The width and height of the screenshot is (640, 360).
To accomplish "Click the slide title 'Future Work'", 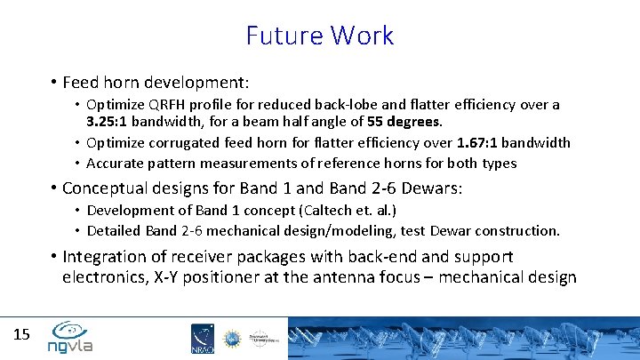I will [x=320, y=36].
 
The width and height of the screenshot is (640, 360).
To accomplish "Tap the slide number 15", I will [x=22, y=334].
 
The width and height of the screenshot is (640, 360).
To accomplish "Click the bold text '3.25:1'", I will [x=107, y=121].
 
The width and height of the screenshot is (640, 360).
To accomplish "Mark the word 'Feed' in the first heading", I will [x=82, y=83].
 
